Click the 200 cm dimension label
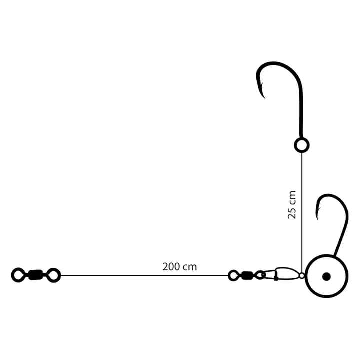click(180, 267)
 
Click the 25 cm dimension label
click(292, 205)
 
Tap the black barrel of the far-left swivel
click(36, 275)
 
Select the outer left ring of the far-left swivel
click(18, 275)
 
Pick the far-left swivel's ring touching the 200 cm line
click(54, 275)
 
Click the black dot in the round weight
click(326, 276)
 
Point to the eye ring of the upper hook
click(302, 145)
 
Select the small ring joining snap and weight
click(302, 275)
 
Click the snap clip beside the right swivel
click(282, 274)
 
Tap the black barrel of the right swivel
click(247, 275)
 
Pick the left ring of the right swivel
click(233, 275)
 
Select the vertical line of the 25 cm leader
click(302, 213)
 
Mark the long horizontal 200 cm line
click(144, 275)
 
